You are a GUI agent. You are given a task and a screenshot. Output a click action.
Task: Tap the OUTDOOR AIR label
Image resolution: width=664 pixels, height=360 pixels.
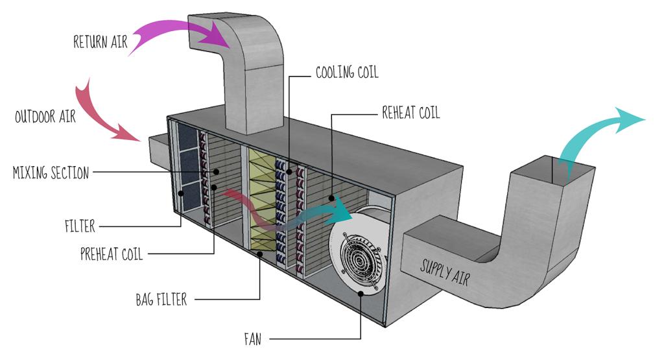click(x=45, y=117)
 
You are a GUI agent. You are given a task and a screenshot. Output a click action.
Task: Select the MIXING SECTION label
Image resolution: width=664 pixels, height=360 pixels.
click(x=51, y=173)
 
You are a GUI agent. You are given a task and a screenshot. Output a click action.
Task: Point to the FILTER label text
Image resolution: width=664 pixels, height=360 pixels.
click(x=80, y=226)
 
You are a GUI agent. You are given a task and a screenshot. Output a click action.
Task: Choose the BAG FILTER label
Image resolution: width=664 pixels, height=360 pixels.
click(x=161, y=300)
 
